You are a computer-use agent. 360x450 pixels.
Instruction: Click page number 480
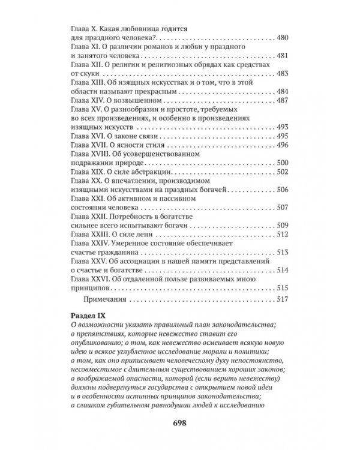coord(283,38)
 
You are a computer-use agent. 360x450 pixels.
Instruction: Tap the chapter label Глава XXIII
coord(91,233)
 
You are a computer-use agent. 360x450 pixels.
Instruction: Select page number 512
coord(283,233)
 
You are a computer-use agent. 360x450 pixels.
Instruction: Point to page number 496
coord(283,145)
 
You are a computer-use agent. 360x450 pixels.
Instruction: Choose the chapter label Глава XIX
coord(89,172)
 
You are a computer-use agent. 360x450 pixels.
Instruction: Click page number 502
coord(283,172)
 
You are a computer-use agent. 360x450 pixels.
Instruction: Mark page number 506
coord(283,190)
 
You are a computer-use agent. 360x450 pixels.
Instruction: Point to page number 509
coord(283,224)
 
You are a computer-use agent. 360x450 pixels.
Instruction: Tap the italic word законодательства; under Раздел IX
coord(244,325)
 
